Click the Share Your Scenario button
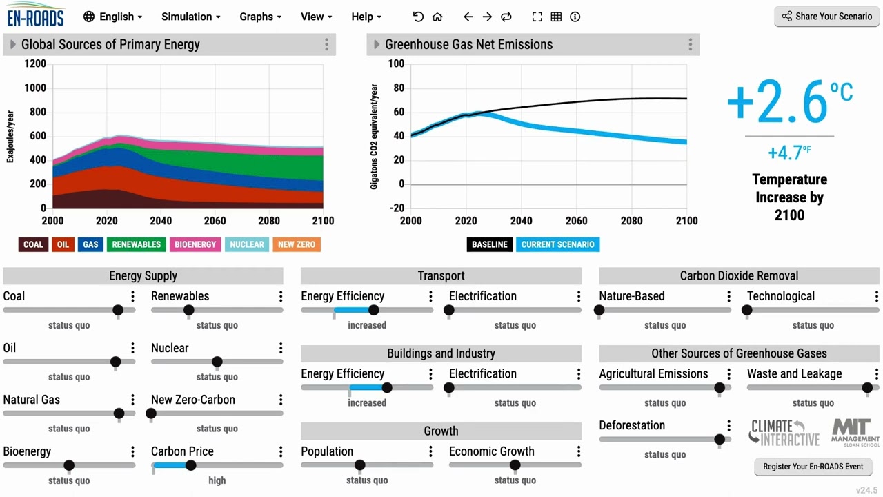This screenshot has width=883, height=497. [x=826, y=17]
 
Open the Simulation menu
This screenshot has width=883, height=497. [x=191, y=17]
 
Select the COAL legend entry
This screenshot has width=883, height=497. [x=33, y=244]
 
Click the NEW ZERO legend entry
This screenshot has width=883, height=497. [x=296, y=244]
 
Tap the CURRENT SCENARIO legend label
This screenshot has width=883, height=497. [x=557, y=244]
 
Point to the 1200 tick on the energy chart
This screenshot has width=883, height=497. [x=34, y=64]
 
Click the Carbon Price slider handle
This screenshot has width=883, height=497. [x=191, y=465]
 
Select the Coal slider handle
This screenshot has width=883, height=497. [x=118, y=310]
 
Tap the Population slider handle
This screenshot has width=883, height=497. [x=359, y=465]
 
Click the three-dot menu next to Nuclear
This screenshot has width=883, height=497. [x=281, y=348]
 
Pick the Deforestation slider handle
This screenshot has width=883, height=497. [x=720, y=439]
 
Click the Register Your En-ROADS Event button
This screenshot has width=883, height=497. [x=813, y=467]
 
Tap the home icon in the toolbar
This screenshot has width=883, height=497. [x=437, y=17]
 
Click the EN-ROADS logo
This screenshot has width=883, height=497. [x=36, y=15]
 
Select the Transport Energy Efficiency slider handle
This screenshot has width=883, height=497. [x=374, y=310]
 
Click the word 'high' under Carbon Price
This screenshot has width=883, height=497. [x=217, y=480]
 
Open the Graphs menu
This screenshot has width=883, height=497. [x=261, y=17]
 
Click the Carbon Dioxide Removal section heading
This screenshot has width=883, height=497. [x=739, y=276]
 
